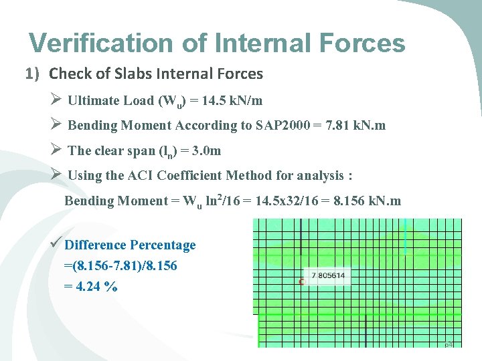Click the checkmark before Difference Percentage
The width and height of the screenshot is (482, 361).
(x=57, y=243)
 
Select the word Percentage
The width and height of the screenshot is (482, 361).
(x=163, y=245)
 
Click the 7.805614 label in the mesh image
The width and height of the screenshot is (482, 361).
(x=327, y=275)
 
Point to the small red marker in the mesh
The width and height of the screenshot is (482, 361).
(x=301, y=282)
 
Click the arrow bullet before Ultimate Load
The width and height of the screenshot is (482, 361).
(x=56, y=100)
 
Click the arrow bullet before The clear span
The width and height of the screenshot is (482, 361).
(x=56, y=150)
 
